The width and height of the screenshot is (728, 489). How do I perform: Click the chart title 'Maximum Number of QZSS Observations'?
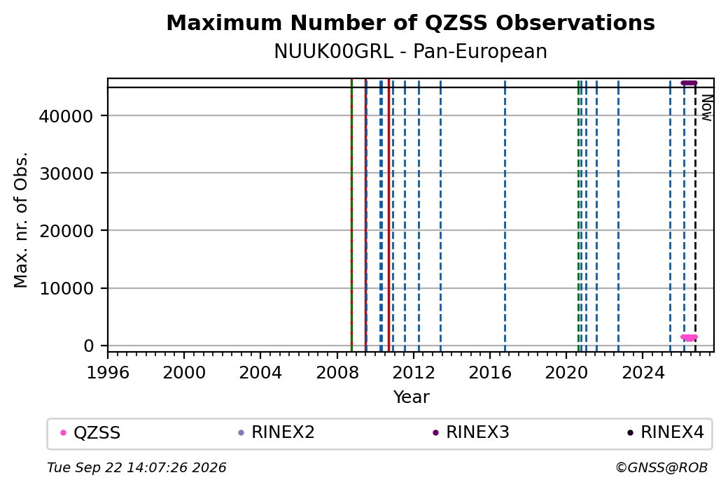coord(410,22)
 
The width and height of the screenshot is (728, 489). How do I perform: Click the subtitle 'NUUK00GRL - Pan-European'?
coord(410,51)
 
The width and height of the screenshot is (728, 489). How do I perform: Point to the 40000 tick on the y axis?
coord(66,116)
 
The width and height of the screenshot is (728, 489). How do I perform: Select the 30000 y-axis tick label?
coord(66,173)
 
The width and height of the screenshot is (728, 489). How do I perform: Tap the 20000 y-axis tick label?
coord(66,231)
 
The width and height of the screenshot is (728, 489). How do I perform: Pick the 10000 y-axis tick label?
coord(66,289)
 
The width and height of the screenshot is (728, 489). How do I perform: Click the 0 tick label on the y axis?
coord(88,346)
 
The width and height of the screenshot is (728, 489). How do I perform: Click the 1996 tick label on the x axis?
coord(108,373)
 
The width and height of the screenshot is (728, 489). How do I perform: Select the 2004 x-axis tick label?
coord(260,373)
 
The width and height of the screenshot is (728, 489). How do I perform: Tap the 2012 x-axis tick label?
coord(413,373)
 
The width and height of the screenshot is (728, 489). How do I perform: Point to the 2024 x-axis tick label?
coord(643,373)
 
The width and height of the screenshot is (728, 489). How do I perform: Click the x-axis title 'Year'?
coord(411,397)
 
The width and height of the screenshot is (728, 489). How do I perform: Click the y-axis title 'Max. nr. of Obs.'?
coord(21,220)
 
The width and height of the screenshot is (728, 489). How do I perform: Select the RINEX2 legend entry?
coord(276,432)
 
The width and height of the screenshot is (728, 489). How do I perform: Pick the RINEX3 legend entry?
coord(470,432)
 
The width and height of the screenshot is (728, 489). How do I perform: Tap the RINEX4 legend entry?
coord(665,432)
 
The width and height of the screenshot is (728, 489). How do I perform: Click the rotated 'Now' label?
coord(706,108)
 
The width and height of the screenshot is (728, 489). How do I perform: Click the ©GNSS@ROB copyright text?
coord(661,467)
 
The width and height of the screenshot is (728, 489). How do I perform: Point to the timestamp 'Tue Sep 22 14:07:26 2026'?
coord(136,467)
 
